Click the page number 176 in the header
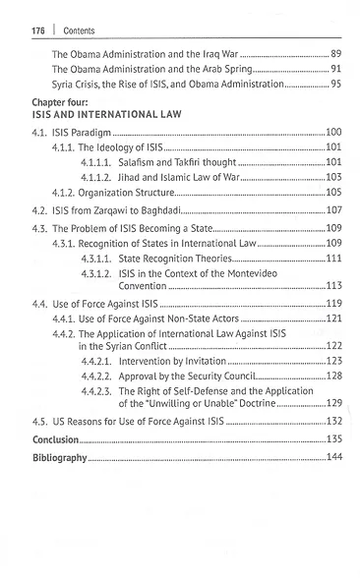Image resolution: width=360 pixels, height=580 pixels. pyautogui.click(x=29, y=30)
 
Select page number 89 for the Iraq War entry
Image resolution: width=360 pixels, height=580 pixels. pyautogui.click(x=334, y=52)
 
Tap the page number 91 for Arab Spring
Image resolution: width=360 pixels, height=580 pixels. pyautogui.click(x=334, y=70)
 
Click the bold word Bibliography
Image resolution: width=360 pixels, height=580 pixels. pyautogui.click(x=60, y=458)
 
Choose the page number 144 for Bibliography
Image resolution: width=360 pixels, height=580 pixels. pyautogui.click(x=332, y=458)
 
